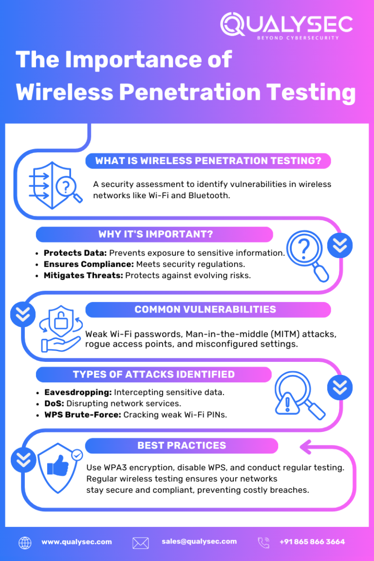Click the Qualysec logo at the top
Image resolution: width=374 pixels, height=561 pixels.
(x=286, y=26)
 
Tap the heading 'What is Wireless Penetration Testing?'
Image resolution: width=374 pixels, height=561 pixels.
(x=208, y=161)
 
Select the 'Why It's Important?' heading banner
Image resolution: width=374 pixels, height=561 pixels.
(x=154, y=234)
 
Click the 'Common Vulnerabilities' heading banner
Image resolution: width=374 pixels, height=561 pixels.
(x=208, y=310)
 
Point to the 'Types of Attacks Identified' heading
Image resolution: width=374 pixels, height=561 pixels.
(x=154, y=374)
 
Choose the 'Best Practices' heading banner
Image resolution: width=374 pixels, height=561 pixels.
(x=182, y=446)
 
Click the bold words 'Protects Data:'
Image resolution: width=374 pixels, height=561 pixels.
(x=75, y=253)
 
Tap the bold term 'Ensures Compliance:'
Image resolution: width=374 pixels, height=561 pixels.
(x=89, y=264)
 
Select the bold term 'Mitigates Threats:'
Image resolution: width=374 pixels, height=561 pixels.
(x=83, y=276)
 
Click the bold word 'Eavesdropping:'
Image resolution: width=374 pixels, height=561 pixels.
(x=78, y=393)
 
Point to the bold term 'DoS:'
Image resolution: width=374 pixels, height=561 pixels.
(x=54, y=404)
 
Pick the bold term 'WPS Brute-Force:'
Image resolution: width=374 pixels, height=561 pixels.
(x=83, y=415)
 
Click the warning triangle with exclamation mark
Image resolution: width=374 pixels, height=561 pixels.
(x=287, y=403)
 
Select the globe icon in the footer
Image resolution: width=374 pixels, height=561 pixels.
(x=25, y=543)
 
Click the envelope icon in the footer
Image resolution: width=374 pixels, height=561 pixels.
(x=141, y=543)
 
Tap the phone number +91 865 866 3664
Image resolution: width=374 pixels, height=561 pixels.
(x=312, y=542)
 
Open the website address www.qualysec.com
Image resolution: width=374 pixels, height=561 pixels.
(x=76, y=542)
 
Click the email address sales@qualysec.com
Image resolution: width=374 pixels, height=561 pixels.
(x=199, y=542)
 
